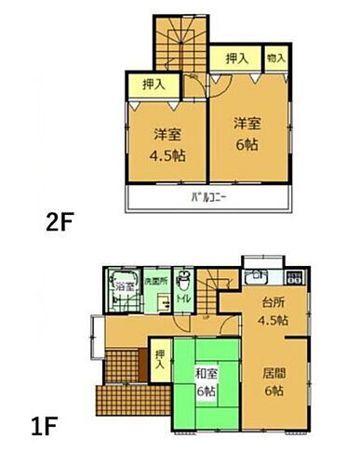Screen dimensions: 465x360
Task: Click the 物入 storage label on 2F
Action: coord(276,58)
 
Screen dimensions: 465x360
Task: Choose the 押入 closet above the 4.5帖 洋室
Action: coord(151,84)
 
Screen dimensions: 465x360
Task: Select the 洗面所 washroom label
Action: coord(153,280)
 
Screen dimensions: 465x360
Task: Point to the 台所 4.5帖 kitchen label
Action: coord(272,312)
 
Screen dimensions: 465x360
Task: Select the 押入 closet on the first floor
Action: coord(160,358)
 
